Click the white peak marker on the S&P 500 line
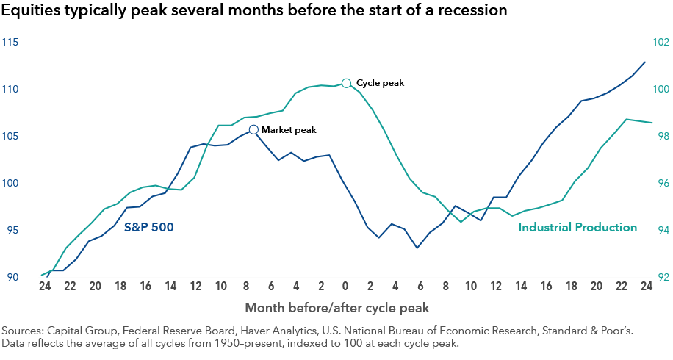point(253,129)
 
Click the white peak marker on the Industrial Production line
point(346,83)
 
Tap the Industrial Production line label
point(577,228)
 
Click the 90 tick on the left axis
point(13,277)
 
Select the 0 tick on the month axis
point(345,286)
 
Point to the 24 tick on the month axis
point(647,286)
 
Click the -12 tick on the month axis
point(194,286)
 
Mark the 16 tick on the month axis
point(547,286)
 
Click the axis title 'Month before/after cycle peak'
point(337,306)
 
